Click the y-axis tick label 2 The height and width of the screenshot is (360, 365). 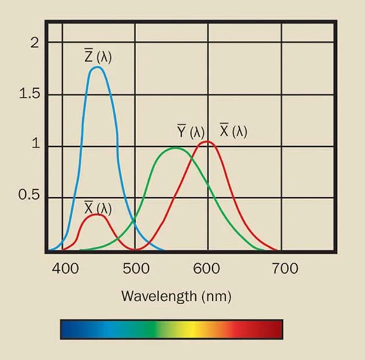[x=34, y=42]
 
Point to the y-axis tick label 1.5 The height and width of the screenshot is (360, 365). [x=30, y=94]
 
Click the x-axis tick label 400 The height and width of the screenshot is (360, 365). [x=65, y=269]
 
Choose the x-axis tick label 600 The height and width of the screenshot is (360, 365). [x=207, y=269]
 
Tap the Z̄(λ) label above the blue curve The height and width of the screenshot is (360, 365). [x=98, y=57]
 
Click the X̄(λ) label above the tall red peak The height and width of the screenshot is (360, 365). [x=233, y=130]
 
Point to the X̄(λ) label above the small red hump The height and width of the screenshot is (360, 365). [x=98, y=208]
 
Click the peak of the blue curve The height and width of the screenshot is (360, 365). [x=97, y=68]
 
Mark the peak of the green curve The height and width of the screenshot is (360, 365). [x=175, y=148]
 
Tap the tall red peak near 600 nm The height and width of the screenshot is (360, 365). [x=206, y=142]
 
